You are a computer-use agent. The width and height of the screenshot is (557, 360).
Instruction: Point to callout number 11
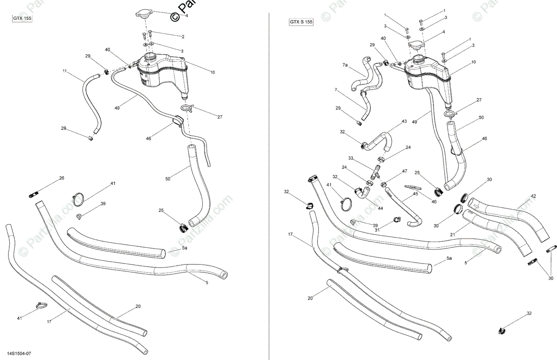coord(65,71)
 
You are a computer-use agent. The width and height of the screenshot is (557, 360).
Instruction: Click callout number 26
coord(61,179)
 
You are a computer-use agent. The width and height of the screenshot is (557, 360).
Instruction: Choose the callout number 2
coord(183,37)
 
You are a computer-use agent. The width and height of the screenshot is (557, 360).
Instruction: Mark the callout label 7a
coord(345,65)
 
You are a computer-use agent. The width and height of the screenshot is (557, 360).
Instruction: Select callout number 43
coord(404,122)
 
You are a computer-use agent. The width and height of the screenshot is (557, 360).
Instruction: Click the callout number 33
coord(351,158)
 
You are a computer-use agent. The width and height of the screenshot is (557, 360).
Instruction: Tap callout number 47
coord(405,171)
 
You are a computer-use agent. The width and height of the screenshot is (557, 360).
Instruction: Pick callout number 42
coord(533,196)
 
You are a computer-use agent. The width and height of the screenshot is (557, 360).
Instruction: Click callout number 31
coord(377,229)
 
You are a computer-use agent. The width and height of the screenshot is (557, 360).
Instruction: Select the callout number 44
coord(380,208)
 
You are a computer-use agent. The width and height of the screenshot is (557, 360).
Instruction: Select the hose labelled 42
coord(511,218)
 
